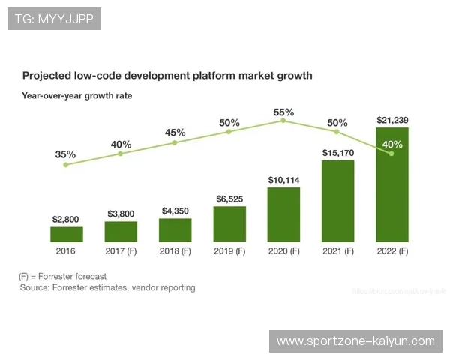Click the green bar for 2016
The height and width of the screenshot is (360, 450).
[x=66, y=234]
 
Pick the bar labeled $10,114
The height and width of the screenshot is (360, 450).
[x=283, y=214]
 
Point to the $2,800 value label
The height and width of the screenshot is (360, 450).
[x=66, y=219]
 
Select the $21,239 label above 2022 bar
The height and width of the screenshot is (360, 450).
[x=392, y=120]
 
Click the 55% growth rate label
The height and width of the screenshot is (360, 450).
[x=283, y=112]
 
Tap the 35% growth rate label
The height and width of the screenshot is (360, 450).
[x=65, y=154]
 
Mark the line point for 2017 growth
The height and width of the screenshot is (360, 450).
[x=121, y=154]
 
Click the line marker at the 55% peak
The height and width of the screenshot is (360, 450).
[x=283, y=120]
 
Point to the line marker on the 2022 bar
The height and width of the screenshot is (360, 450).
[x=391, y=154]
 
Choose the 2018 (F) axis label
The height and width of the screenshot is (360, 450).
[x=175, y=251]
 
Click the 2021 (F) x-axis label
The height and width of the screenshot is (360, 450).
[x=337, y=251]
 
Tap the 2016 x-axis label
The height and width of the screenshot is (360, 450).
[x=66, y=251]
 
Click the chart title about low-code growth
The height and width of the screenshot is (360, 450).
[x=167, y=76]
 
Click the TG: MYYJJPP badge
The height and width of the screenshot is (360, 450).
[x=54, y=19]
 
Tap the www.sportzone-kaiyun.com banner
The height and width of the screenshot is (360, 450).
[x=355, y=341]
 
